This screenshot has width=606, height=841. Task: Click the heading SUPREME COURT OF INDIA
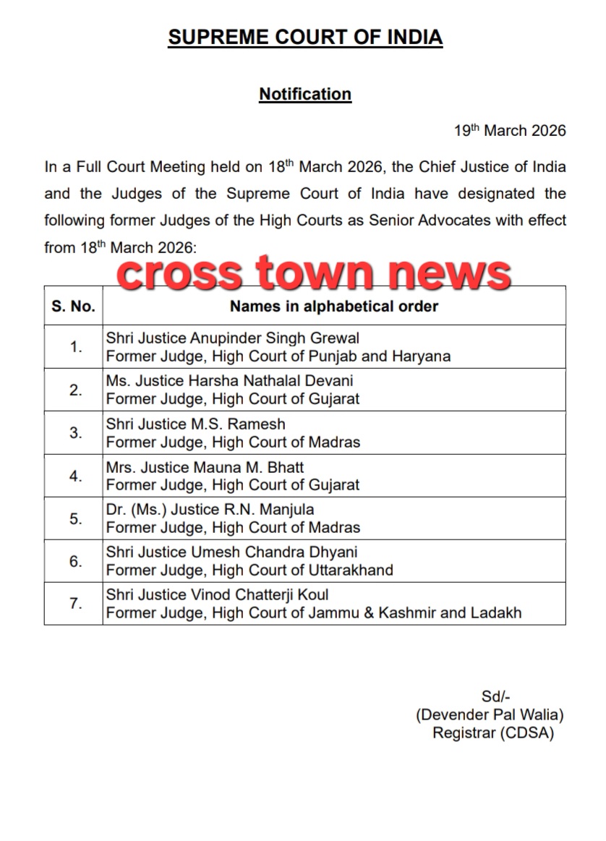coord(304,38)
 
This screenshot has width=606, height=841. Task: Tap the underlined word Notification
coord(305,94)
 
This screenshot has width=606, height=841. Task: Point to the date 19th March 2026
coord(510,131)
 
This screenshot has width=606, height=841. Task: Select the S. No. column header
coord(73,306)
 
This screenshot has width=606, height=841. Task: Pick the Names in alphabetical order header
coord(333,306)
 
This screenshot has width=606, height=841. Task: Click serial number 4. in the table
coord(76,475)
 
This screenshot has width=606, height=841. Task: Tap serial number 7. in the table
coord(76,603)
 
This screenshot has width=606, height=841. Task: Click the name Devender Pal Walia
coord(490,714)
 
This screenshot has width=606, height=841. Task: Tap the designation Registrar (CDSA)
coord(493,733)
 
